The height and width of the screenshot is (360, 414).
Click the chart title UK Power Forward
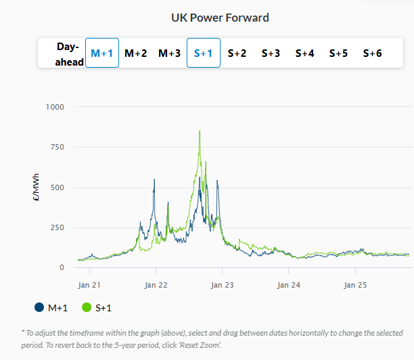[x=220, y=17]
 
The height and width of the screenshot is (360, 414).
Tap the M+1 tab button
[x=102, y=53]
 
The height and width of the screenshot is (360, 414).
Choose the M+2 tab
[x=135, y=53]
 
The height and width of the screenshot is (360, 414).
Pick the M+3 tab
[x=169, y=53]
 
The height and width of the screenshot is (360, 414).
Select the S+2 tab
[x=237, y=53]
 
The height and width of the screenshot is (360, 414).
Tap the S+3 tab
[x=271, y=53]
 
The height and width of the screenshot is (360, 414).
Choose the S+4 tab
[x=304, y=53]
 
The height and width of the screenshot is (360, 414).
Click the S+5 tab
[x=338, y=53]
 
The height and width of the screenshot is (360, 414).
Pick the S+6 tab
[x=372, y=53]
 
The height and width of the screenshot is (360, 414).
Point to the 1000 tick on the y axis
[x=55, y=107]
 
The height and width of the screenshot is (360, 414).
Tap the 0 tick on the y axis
[x=62, y=267]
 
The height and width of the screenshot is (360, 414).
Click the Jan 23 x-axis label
[x=222, y=285]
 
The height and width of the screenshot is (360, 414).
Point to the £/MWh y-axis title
[x=37, y=187]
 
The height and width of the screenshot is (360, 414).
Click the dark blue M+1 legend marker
[x=39, y=308]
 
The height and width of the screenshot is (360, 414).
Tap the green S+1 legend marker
[x=87, y=308]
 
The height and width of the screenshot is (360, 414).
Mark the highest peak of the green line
[x=200, y=131]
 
